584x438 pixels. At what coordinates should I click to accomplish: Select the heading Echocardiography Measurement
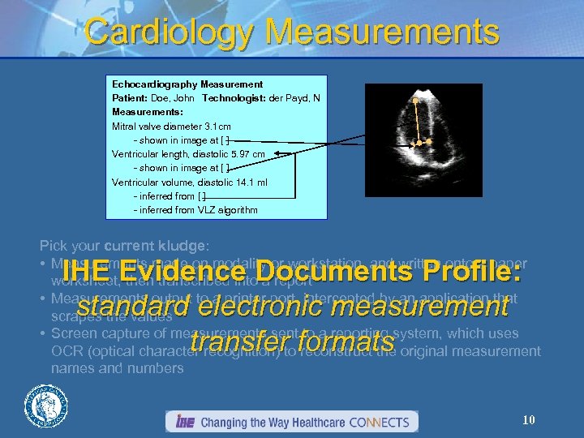(187, 84)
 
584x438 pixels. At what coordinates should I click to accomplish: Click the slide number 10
(528, 419)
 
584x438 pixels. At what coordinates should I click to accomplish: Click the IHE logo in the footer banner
(182, 422)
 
